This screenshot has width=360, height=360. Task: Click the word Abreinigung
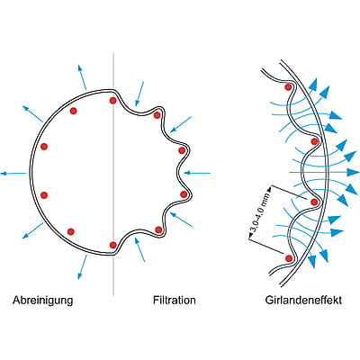42,301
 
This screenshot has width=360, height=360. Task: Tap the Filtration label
175,300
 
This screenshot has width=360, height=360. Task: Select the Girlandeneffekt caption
303,300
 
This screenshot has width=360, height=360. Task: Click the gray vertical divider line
113,174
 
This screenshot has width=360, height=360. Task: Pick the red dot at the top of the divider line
112,101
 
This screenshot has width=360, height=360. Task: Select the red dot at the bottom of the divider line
113,245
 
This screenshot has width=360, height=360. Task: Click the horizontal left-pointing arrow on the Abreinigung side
13,174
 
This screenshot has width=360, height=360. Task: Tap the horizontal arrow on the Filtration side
197,173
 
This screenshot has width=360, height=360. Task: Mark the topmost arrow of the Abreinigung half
82,77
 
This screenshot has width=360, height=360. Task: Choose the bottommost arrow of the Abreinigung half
83,267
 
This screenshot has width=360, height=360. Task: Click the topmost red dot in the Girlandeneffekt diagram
288,87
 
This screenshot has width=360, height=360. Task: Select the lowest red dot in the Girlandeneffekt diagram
289,258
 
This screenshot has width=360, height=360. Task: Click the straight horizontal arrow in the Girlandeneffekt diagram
324,172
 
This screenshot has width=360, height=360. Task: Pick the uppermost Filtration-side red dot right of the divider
157,115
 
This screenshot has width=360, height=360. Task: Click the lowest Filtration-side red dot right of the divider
158,229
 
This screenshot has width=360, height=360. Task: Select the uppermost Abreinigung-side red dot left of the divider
73,111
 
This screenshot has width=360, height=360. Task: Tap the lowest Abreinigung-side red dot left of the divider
71,231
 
